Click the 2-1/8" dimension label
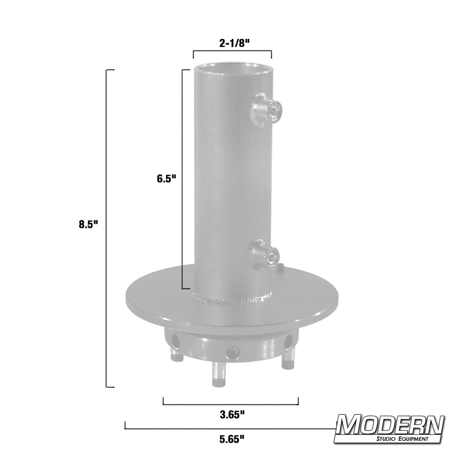[232, 43]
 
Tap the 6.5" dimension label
[167, 179]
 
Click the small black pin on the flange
[282, 267]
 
